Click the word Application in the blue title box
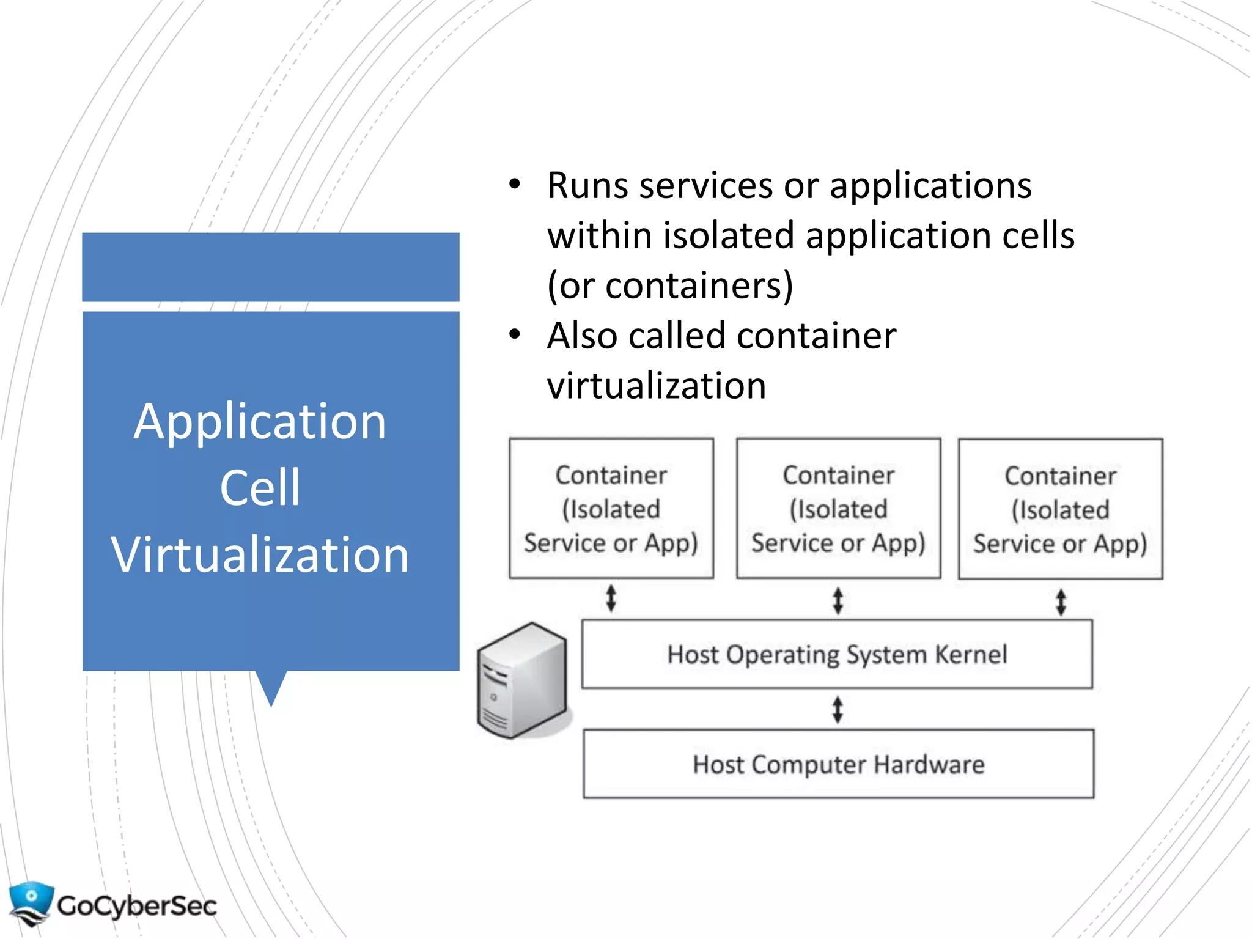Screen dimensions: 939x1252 coord(260,422)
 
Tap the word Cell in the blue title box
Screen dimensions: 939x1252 coord(260,488)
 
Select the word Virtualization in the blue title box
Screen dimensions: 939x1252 coord(260,554)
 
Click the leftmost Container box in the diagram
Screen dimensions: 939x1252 coord(611,508)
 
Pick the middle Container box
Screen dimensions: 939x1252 coord(838,508)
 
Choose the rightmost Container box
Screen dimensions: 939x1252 coord(1060,509)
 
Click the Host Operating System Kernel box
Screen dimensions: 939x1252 coord(836,654)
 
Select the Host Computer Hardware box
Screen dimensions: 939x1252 coord(838,764)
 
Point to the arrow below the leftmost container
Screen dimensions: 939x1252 coord(611,598)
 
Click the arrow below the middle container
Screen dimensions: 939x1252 coord(838,600)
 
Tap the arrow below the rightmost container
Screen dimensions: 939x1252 coord(1061,602)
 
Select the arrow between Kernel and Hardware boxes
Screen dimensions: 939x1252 coord(838,710)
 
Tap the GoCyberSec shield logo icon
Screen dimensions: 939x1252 coord(31,902)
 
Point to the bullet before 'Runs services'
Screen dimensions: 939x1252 coord(514,184)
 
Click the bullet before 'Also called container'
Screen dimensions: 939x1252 coord(514,334)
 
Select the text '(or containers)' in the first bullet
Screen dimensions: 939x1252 coord(669,285)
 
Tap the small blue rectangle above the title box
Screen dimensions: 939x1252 coord(271,267)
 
